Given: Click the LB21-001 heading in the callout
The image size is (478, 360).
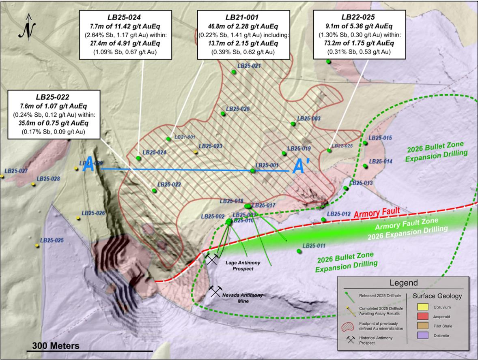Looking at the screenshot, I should [243, 18].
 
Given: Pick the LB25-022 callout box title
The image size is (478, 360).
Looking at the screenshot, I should [53, 97].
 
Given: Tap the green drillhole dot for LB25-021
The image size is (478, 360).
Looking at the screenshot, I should [234, 72].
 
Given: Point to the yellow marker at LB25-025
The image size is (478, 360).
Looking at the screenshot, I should [37, 246].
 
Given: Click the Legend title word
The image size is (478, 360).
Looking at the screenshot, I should [403, 283].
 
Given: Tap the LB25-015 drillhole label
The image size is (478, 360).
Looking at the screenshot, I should [380, 138].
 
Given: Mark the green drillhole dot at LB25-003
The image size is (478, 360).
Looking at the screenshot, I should [293, 124].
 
